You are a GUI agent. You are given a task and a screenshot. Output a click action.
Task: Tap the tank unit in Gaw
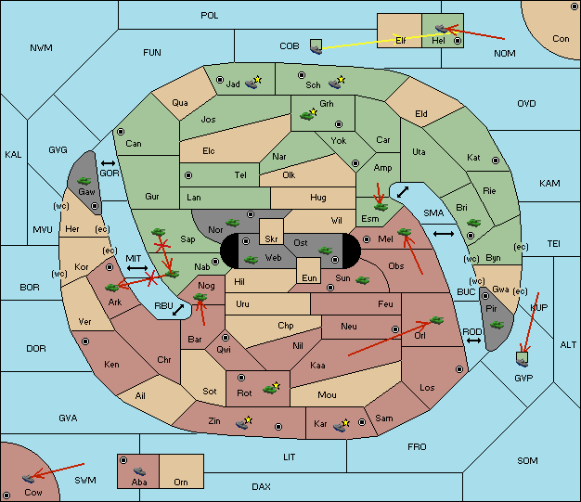(x=84, y=181)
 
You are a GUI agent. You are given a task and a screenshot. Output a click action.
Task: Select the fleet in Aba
(x=139, y=471)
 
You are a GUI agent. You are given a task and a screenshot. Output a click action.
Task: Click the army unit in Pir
(x=497, y=325)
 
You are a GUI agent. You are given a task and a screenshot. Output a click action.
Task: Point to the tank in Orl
(x=436, y=320)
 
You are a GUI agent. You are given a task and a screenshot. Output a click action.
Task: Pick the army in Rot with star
(x=271, y=388)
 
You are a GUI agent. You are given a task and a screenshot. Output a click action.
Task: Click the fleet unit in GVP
(x=523, y=359)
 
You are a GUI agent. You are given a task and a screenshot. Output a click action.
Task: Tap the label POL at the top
(x=210, y=16)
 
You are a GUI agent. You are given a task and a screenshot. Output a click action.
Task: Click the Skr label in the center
(x=271, y=239)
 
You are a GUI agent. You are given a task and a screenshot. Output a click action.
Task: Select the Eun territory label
(x=309, y=277)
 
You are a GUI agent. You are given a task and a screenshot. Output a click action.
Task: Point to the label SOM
(x=527, y=460)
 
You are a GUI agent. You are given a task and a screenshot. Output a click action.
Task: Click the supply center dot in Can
(x=121, y=132)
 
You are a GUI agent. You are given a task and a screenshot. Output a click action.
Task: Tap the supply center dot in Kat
(x=496, y=161)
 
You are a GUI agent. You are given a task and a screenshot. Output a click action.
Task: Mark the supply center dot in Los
(x=459, y=369)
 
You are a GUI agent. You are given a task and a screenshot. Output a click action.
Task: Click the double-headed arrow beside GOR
(x=108, y=163)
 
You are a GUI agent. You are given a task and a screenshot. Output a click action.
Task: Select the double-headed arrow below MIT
(x=137, y=268)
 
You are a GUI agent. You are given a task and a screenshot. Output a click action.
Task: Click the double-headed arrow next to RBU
(x=178, y=310)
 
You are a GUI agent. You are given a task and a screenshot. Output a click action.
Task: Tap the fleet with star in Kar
(x=342, y=425)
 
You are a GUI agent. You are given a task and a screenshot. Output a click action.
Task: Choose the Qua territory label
(x=180, y=103)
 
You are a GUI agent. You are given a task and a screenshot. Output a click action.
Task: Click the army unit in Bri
(x=473, y=223)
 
